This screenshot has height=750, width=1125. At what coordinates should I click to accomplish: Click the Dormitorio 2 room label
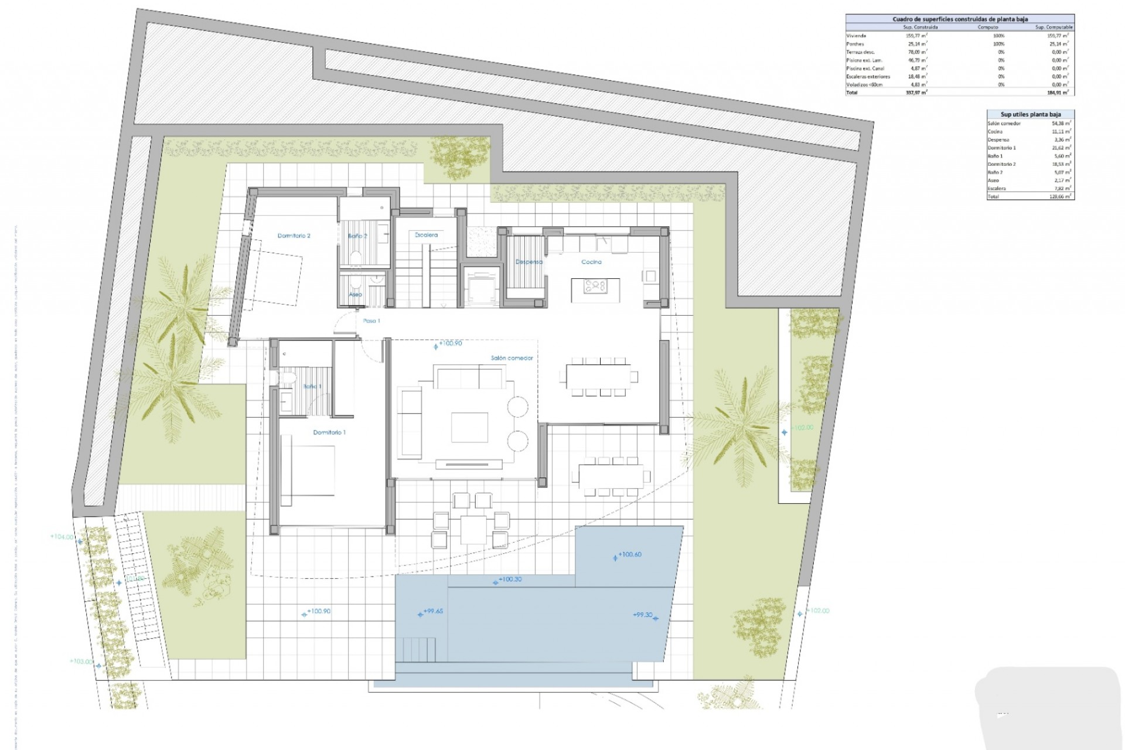coord(294,236)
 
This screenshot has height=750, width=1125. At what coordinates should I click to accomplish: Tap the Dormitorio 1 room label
coord(329,432)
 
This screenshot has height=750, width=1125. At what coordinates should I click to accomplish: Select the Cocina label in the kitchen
coord(591,262)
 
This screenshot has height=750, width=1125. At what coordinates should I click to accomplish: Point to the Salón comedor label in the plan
coord(512,358)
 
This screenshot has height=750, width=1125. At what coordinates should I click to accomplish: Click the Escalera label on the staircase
coord(426,235)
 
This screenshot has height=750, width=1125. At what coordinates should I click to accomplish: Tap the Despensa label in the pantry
coord(529,262)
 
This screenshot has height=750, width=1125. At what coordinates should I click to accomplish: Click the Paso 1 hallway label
coord(371,321)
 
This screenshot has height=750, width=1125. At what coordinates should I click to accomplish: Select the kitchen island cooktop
coord(595,286)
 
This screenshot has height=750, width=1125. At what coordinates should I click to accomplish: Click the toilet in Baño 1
coord(285,378)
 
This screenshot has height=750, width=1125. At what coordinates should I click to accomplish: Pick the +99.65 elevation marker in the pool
coord(433,611)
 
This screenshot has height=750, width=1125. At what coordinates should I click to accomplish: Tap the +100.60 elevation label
coord(629,554)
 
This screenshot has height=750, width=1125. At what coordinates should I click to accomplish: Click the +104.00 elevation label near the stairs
coord(62,537)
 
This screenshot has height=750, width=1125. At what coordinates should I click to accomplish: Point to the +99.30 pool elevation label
coord(643,615)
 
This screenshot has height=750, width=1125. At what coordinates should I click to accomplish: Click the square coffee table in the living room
coord(469,427)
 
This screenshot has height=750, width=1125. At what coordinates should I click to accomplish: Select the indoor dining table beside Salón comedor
coord(598,374)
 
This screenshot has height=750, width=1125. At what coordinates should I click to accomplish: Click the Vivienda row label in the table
coord(856,36)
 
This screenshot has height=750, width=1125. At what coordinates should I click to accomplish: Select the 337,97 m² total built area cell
coord(916,93)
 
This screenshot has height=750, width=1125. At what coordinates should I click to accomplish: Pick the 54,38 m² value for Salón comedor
coord(1061,124)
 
